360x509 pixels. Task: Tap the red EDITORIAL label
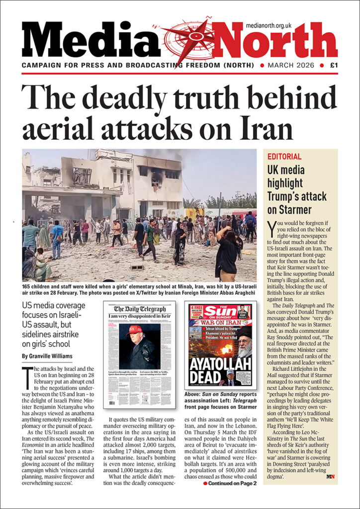284,157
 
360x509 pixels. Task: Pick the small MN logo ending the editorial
331,477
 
